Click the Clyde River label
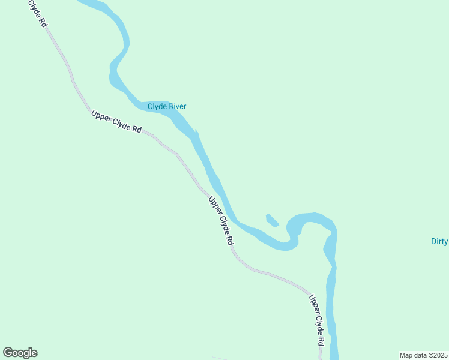167,107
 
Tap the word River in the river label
177,107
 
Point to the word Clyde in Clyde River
157,107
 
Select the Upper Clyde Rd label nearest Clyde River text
116,122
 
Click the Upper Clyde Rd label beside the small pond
220,220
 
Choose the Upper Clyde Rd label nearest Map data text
317,319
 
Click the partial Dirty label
439,242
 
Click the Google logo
20,353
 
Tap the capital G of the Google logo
8,352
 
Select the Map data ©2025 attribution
424,355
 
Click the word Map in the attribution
406,355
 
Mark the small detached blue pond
272,220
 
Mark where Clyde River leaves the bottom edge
334,358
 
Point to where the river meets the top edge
90,2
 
